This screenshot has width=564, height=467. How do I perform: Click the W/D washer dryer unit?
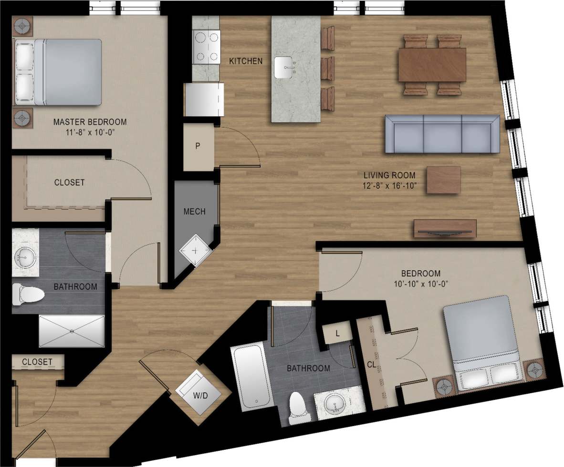pos(198,391)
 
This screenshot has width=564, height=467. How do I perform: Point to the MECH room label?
pos(195,211)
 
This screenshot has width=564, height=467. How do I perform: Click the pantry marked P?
pos(198,147)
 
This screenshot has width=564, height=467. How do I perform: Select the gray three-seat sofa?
pos(442,133)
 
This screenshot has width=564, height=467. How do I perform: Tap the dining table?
pos(432,65)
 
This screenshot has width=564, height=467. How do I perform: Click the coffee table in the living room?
pos(443,180)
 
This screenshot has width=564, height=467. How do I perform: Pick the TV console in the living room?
pos(445,228)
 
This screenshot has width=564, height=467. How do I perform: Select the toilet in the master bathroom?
pos(28,294)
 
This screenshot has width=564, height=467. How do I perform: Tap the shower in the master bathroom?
pos(71,331)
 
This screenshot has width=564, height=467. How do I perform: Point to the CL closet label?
pos(371,365)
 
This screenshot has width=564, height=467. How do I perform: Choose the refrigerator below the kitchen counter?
pos(205,99)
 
